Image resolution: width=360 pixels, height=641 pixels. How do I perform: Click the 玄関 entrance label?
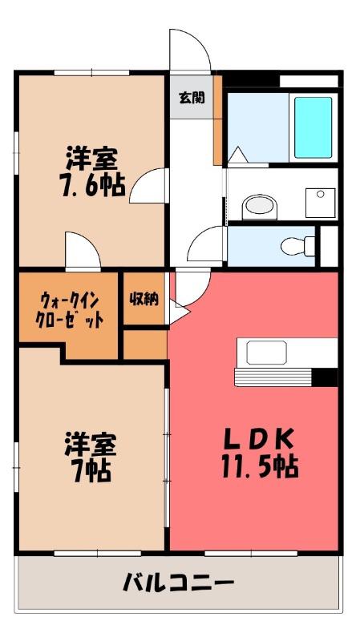192,98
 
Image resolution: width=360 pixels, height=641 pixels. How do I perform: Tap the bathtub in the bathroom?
313,127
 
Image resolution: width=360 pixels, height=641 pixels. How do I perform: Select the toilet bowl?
297,247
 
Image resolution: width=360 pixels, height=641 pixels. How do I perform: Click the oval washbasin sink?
259,205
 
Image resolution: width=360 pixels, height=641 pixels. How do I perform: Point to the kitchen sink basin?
266,353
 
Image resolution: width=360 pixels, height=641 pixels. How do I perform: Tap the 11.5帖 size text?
259,466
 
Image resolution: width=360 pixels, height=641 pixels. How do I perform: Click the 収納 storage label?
144,299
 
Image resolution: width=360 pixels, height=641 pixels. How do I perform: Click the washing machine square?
321,203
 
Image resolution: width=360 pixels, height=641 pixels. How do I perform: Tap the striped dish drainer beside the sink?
273,377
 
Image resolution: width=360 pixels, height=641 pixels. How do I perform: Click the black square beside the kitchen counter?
326,377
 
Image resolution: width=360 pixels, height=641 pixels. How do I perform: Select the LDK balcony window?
251,553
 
